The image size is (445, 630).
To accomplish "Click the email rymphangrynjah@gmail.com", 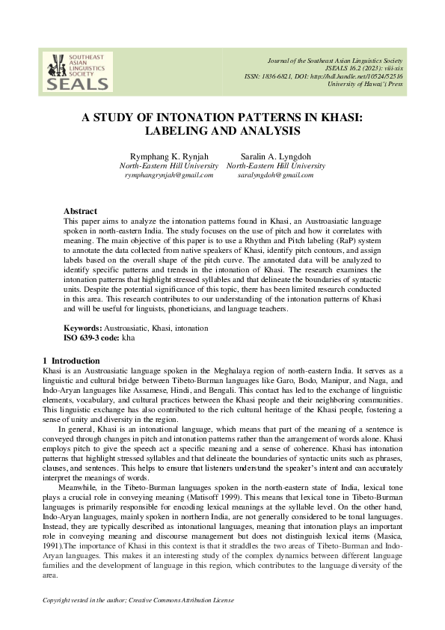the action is (x=169, y=174).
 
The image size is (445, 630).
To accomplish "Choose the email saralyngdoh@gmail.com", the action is (x=276, y=174).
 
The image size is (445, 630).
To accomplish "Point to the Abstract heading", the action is (x=80, y=212).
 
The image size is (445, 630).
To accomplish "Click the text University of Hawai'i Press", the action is (x=365, y=85).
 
